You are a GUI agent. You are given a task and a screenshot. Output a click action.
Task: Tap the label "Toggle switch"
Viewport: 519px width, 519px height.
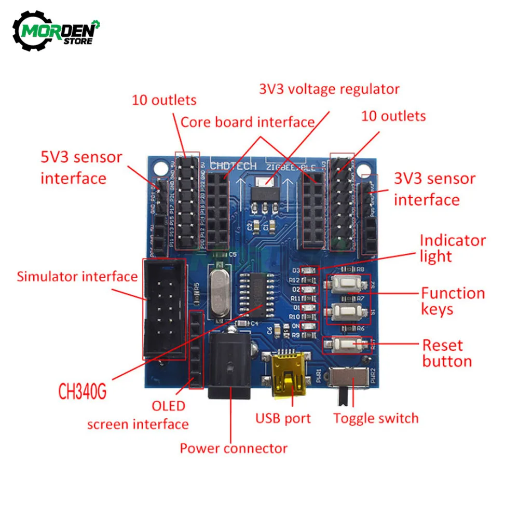[375, 418]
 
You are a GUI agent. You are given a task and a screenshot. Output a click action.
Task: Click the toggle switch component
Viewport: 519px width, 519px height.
[349, 381]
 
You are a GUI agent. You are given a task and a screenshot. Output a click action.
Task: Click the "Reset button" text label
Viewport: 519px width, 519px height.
[447, 353]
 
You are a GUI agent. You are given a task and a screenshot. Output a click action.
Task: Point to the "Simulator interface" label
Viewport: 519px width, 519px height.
[77, 276]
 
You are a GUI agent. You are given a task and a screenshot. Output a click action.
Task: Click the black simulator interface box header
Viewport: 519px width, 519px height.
[164, 308]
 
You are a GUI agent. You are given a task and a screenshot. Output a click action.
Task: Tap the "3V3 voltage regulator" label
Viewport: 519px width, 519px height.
[329, 89]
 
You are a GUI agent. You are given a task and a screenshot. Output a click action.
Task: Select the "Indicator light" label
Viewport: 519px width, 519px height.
[452, 248]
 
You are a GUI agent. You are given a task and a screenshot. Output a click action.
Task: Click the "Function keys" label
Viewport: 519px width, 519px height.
[452, 301]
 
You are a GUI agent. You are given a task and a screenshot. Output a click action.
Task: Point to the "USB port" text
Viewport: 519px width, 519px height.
[283, 418]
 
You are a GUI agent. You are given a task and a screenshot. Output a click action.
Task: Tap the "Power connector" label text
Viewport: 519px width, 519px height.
[234, 448]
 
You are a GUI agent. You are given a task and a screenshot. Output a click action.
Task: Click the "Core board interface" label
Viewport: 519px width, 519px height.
[248, 122]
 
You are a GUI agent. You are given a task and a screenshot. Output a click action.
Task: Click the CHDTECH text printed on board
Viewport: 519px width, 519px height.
[234, 166]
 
